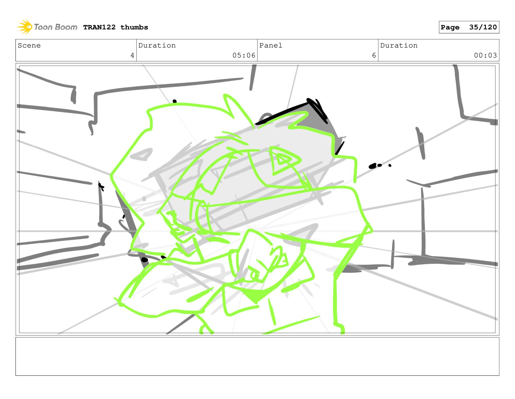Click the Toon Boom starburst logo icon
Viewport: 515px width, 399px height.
click(x=25, y=27)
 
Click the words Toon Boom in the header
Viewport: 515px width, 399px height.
click(x=55, y=27)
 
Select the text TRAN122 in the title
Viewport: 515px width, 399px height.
click(x=99, y=27)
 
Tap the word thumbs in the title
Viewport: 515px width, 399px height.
click(x=134, y=27)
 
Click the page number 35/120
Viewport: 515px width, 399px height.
click(x=482, y=27)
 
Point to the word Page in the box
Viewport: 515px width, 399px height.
click(x=450, y=28)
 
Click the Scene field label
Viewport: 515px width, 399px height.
click(x=29, y=45)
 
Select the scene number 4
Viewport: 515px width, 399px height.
click(x=132, y=55)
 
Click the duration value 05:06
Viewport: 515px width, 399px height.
click(x=244, y=55)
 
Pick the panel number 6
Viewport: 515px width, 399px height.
click(x=374, y=55)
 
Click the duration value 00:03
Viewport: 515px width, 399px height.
click(x=485, y=55)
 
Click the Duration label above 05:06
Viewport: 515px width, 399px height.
click(x=157, y=45)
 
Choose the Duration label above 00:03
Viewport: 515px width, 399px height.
click(x=399, y=45)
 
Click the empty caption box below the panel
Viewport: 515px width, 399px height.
click(x=257, y=356)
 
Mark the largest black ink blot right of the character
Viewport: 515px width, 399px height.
click(x=372, y=166)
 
